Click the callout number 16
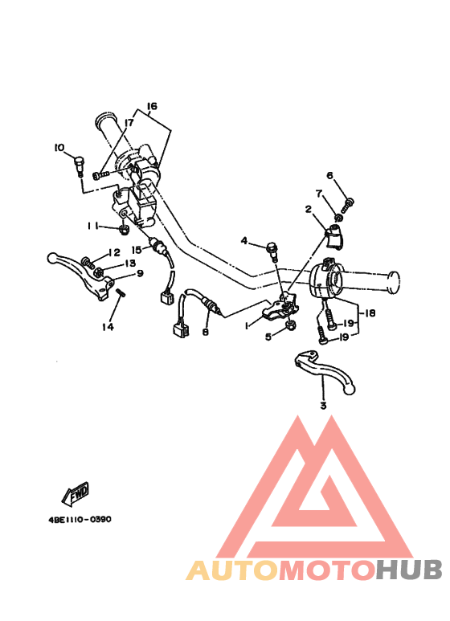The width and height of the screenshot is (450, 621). pos(152,106)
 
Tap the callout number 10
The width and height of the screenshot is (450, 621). pos(59,148)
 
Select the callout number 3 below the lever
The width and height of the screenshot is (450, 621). pos(323,406)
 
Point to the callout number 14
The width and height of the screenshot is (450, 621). pos(108,327)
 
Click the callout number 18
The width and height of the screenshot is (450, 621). pos(370,313)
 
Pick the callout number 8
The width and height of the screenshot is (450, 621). pos(205,332)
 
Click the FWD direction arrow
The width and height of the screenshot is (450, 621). pos(76,494)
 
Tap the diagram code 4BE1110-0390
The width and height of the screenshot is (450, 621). pos(80,519)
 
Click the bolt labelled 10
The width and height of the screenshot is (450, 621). pos(80,166)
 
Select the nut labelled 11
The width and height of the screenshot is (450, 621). pos(123,229)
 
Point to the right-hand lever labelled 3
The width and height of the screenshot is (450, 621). pos(325,371)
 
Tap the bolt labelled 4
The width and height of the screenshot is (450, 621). pos(273,251)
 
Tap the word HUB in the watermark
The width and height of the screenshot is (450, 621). pos(409,570)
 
